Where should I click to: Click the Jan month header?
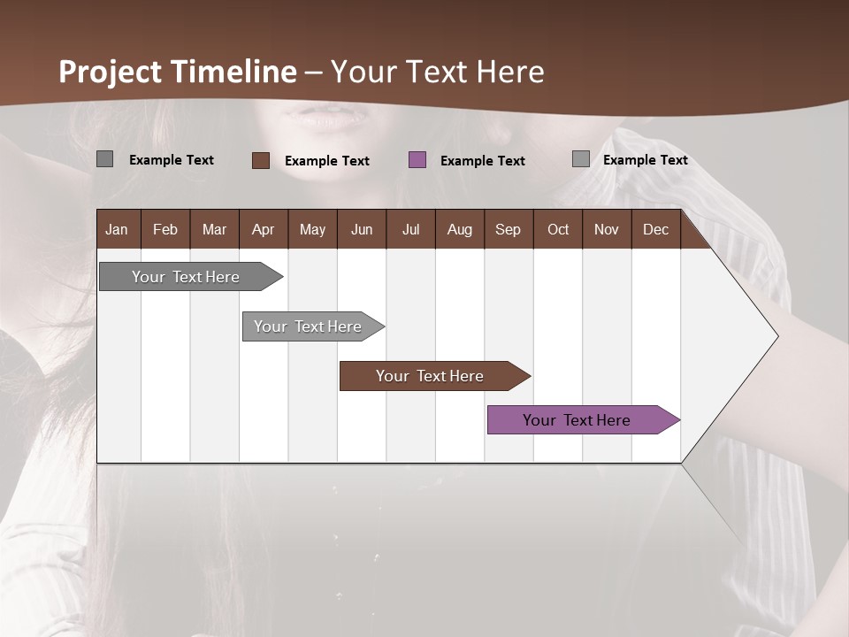[x=117, y=229]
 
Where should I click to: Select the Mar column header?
[x=214, y=229]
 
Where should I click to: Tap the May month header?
[x=312, y=229]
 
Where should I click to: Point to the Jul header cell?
[x=410, y=229]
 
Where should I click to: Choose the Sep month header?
[x=508, y=229]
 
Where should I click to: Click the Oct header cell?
[x=558, y=229]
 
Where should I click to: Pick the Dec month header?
[x=655, y=229]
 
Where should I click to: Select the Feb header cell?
[x=165, y=229]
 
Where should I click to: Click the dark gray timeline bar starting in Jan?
[x=186, y=277]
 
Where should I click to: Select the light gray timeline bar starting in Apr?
[x=308, y=326]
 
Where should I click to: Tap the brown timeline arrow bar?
[x=430, y=376]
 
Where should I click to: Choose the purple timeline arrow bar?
[x=577, y=420]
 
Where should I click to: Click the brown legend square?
[x=261, y=160]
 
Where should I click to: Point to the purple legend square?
[x=417, y=160]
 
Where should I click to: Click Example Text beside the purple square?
[x=482, y=161]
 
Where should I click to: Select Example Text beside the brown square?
[x=326, y=161]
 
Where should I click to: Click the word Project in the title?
[x=111, y=72]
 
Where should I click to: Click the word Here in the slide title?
[x=510, y=72]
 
